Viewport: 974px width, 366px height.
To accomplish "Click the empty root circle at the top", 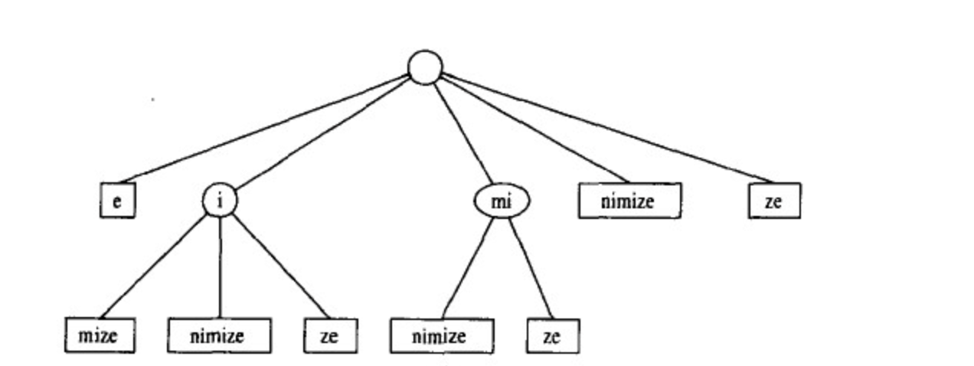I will coord(425,67).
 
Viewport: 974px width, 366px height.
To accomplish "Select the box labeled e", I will coord(117,201).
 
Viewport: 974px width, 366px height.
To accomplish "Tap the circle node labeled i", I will coord(220,201).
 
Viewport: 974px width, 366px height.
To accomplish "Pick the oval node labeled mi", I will coord(501,201).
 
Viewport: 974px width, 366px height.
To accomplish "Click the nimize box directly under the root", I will coord(629,201).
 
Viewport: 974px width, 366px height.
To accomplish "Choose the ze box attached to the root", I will coord(774,201).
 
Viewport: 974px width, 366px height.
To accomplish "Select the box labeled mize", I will coord(100,336).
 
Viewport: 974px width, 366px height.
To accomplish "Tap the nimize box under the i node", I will coord(219,336).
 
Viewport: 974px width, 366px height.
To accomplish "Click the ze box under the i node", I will coord(329,336).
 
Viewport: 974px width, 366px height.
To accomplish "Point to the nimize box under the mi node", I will coord(440,336).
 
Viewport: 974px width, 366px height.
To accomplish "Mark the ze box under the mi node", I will coord(552,336).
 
